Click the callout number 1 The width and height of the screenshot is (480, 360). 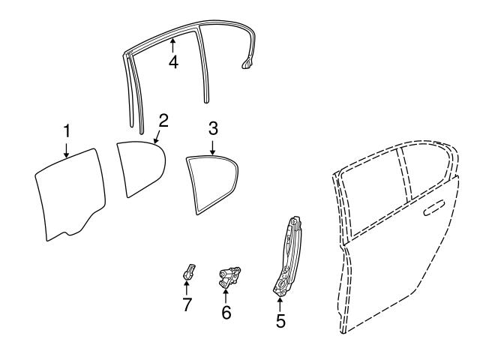67,131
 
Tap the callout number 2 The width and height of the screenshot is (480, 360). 163,119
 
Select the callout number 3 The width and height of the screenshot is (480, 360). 213,128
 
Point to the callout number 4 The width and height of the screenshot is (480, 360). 173,62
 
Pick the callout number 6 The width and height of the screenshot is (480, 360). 226,312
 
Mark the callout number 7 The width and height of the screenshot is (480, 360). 187,304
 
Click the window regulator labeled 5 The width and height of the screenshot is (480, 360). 289,255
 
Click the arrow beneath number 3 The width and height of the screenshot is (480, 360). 213,145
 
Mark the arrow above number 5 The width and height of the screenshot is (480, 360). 280,304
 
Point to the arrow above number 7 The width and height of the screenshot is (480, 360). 187,288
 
